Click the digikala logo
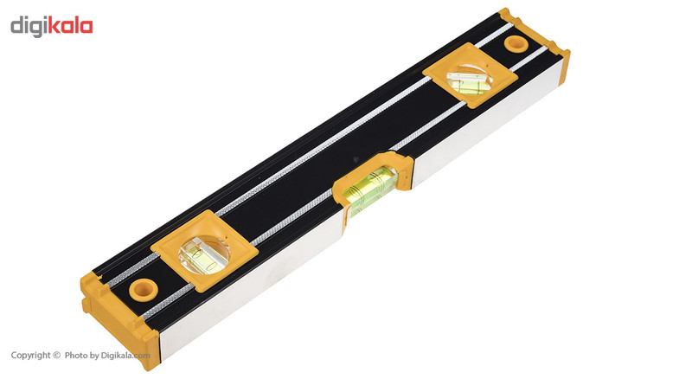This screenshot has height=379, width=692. click(x=52, y=26)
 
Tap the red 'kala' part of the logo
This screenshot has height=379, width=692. click(x=70, y=25)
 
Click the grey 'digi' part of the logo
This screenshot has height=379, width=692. click(x=29, y=27)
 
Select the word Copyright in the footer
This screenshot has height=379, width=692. click(x=30, y=355)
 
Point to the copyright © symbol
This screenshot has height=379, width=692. click(x=56, y=355)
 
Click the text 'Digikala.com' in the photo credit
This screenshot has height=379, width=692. click(x=125, y=355)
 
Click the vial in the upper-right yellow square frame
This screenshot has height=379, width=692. click(x=470, y=80)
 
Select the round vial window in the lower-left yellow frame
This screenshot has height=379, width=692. click(x=204, y=255)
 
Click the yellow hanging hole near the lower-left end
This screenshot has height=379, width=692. click(x=144, y=289)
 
